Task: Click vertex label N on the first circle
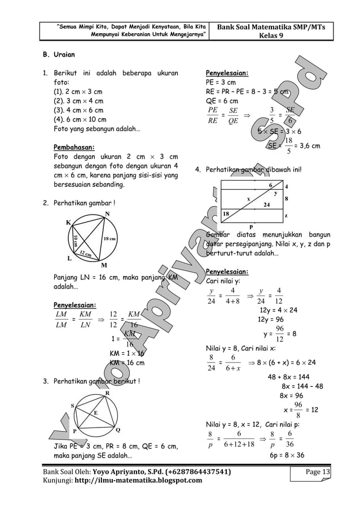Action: (107, 213)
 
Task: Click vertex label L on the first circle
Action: (69, 258)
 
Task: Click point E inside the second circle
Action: (96, 413)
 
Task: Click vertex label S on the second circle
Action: (72, 406)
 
